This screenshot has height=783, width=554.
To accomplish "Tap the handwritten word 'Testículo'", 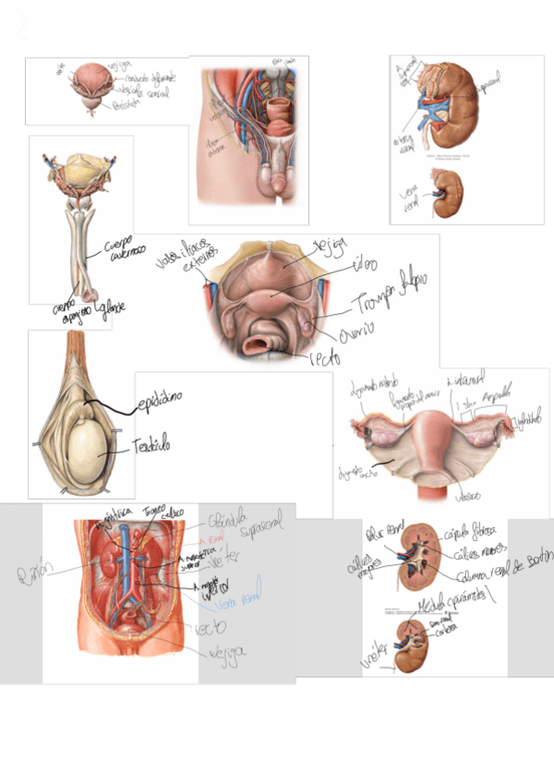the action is pos(152,445).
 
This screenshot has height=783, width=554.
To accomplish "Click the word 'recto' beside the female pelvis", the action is pos(319,356).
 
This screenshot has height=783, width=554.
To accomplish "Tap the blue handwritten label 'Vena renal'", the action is pos(238,596).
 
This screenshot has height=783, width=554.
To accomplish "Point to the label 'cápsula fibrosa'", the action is pos(470,531).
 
